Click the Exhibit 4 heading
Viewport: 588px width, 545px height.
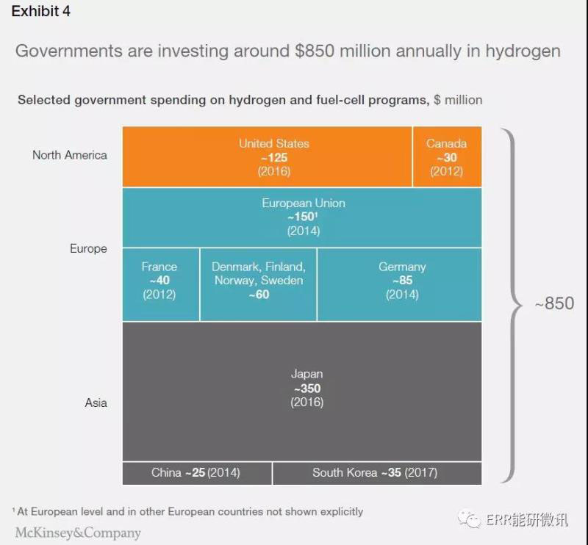41,12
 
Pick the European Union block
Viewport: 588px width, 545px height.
302,217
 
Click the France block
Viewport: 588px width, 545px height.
159,284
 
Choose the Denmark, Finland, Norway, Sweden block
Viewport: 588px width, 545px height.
258,284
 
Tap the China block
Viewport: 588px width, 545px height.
196,473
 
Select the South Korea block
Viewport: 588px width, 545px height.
376,473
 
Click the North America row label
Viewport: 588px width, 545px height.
70,155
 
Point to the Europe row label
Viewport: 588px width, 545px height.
89,248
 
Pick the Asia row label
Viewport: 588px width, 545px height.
96,403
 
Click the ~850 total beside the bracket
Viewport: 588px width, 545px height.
553,303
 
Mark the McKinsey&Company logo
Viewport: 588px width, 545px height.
78,533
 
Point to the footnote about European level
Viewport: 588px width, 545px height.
188,511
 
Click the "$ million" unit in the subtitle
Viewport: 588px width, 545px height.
458,99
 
